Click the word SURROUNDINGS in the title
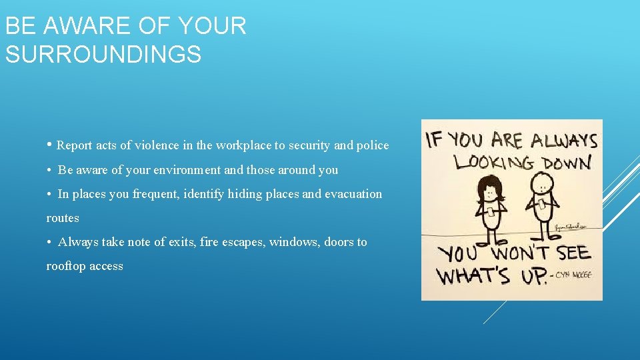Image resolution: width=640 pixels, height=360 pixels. [x=103, y=54]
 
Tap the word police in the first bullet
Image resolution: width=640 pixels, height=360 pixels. [x=372, y=145]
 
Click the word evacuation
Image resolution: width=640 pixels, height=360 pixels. [x=355, y=194]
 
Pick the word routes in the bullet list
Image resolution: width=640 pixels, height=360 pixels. [x=63, y=218]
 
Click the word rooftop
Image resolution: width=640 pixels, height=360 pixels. [x=66, y=266]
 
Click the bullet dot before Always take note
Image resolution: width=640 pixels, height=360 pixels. [x=50, y=242]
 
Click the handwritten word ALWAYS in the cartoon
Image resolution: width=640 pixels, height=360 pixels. [x=554, y=140]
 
